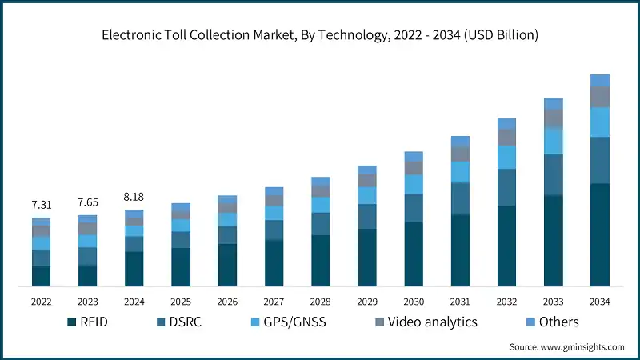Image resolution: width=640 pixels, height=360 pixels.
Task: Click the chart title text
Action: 319,35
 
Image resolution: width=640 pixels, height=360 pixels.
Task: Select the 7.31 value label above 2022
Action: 41,206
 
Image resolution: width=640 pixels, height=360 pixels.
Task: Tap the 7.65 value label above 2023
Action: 87,202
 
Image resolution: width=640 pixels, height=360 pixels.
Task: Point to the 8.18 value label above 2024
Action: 134,198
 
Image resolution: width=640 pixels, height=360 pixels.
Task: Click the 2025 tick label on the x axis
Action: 180,302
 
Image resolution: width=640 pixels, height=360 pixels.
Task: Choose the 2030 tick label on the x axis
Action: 413,302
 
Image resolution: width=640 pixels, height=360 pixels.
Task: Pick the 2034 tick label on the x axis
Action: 599,302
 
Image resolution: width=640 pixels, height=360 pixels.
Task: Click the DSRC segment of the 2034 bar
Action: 599,160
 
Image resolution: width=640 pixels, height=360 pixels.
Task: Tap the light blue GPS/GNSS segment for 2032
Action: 506,157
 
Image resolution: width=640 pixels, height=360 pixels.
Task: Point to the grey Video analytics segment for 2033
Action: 553,118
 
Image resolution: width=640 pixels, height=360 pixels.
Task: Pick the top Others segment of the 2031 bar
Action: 460,141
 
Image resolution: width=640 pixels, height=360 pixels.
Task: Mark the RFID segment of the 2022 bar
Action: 41,276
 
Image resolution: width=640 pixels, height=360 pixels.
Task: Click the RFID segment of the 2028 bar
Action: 320,260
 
